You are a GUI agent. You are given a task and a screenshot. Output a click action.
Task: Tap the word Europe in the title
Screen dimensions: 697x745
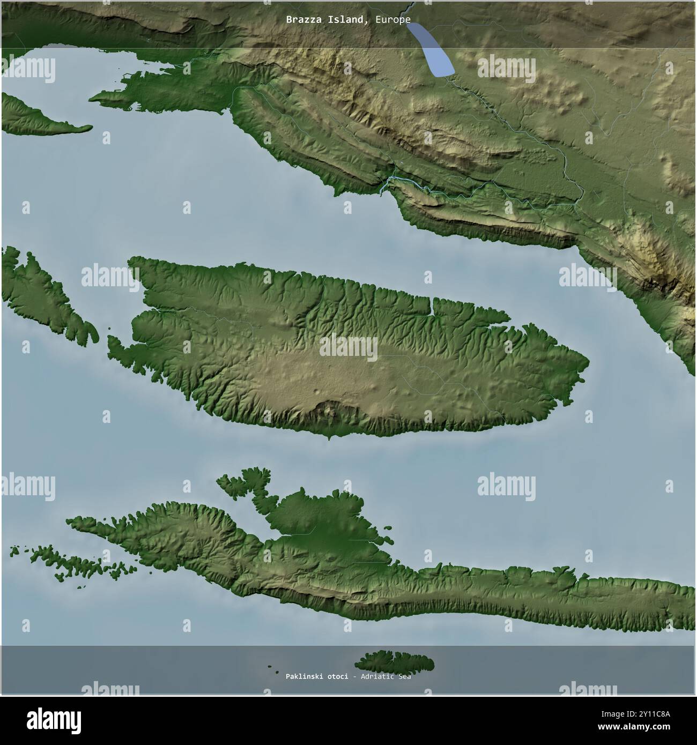(393, 20)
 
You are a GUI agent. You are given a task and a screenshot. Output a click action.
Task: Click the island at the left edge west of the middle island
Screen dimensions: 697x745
(43, 295)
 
